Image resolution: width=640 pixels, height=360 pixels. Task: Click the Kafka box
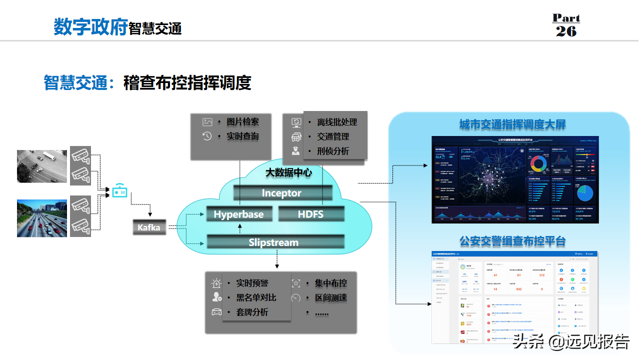[149, 227]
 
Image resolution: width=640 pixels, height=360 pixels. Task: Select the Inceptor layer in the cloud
[282, 193]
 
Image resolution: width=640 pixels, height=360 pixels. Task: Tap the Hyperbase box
[238, 214]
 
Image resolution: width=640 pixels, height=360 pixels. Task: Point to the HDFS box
[311, 214]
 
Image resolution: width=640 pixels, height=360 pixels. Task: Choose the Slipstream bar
[274, 242]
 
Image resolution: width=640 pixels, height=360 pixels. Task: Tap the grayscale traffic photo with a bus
[42, 166]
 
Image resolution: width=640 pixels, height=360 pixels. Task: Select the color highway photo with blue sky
[42, 218]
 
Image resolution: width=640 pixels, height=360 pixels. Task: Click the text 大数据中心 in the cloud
[288, 172]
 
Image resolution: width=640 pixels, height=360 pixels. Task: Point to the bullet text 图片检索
[243, 121]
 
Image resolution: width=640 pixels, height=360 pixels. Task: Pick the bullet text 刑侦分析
[333, 151]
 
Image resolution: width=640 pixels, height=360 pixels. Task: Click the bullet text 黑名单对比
[256, 297]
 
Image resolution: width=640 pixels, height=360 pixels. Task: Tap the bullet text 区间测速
[331, 297]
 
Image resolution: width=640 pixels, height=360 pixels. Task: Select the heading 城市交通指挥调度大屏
[512, 124]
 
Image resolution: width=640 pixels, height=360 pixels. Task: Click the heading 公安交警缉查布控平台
[512, 241]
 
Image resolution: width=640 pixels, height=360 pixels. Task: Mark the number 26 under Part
[566, 31]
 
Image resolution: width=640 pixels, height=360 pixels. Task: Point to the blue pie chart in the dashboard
[584, 192]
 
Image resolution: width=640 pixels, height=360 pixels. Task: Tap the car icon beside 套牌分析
[216, 312]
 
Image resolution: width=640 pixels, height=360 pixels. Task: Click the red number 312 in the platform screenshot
[541, 275]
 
